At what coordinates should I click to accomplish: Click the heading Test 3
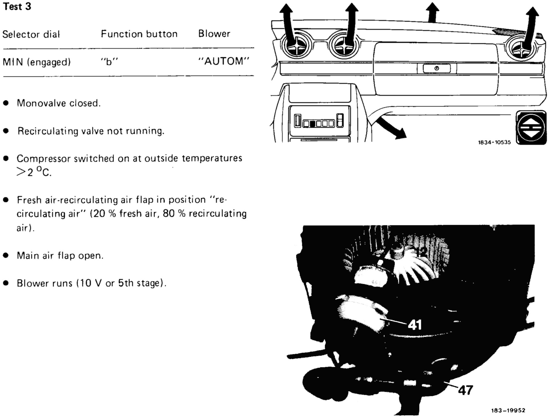[17, 7]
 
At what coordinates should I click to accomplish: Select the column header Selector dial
[31, 35]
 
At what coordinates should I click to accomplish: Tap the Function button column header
[139, 34]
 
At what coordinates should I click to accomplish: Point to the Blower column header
[214, 34]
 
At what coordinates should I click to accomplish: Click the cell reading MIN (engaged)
[37, 62]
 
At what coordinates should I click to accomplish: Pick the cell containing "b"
[109, 62]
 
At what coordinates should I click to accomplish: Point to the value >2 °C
[34, 173]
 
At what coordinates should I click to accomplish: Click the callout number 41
[415, 325]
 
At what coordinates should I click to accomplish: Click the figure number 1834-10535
[494, 142]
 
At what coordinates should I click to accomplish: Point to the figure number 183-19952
[508, 410]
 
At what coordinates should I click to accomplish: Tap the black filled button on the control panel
[312, 123]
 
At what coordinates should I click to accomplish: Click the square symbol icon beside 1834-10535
[531, 128]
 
